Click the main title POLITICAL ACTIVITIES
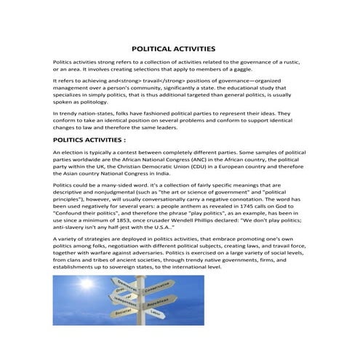(x=179, y=48)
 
